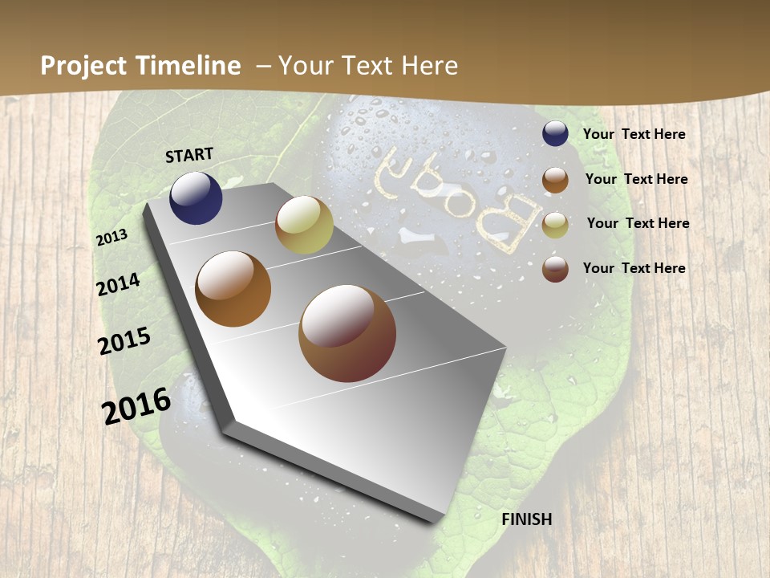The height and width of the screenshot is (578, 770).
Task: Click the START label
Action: point(189,155)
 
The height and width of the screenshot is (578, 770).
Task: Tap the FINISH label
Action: point(527,519)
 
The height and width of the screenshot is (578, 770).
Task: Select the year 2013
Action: point(112,238)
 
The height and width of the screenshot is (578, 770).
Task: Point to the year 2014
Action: point(119,285)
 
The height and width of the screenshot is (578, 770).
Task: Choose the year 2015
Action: point(124,341)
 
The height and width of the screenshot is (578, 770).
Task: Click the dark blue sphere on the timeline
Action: point(196,197)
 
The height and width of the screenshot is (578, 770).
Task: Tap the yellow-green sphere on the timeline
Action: point(304,225)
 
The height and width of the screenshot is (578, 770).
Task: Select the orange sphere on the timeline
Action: point(233,289)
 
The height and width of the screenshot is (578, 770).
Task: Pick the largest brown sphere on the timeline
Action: point(347,333)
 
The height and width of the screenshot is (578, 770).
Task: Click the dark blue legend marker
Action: point(555,134)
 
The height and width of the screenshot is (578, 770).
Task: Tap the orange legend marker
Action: point(555,180)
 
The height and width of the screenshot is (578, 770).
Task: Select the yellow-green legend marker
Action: point(555,225)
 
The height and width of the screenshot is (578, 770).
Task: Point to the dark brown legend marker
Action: point(555,269)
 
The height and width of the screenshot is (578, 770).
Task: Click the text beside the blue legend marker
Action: point(634,135)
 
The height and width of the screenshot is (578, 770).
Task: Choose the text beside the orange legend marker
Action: point(637,179)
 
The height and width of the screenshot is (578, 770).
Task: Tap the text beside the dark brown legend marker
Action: point(634,268)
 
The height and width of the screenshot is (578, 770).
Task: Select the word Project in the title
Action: point(83,66)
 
